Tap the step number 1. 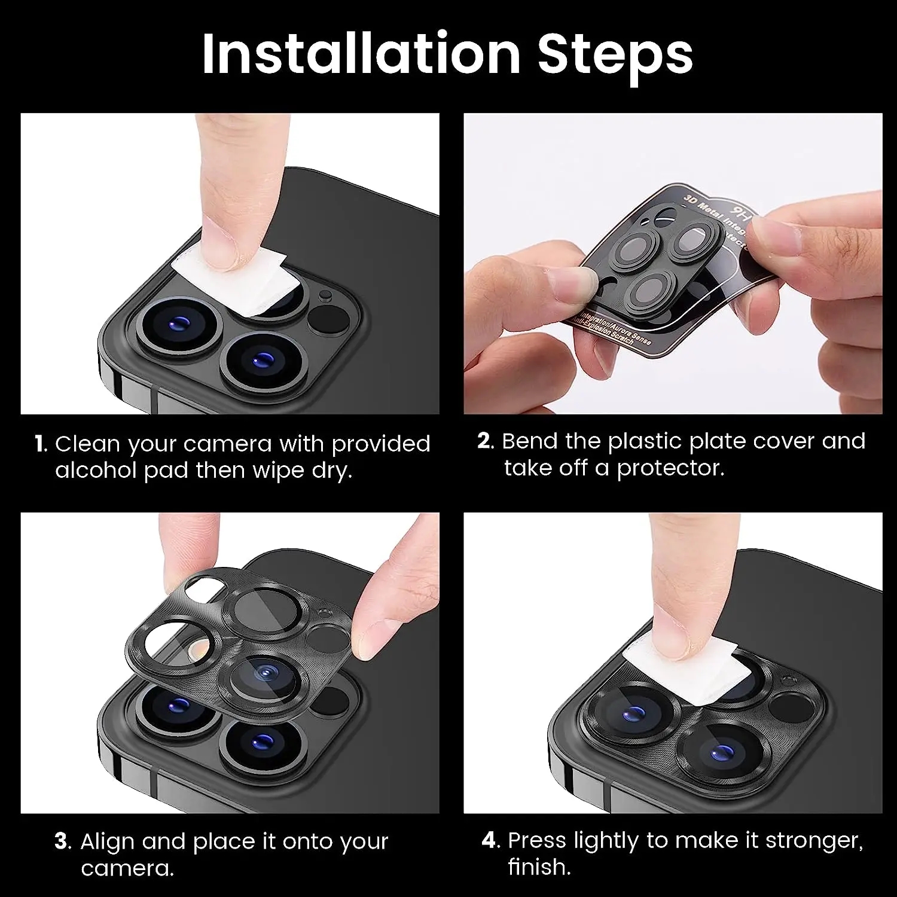click(40, 444)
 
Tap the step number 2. click(485, 441)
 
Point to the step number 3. click(62, 841)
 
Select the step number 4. click(490, 840)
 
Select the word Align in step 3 click(108, 841)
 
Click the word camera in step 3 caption click(127, 868)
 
